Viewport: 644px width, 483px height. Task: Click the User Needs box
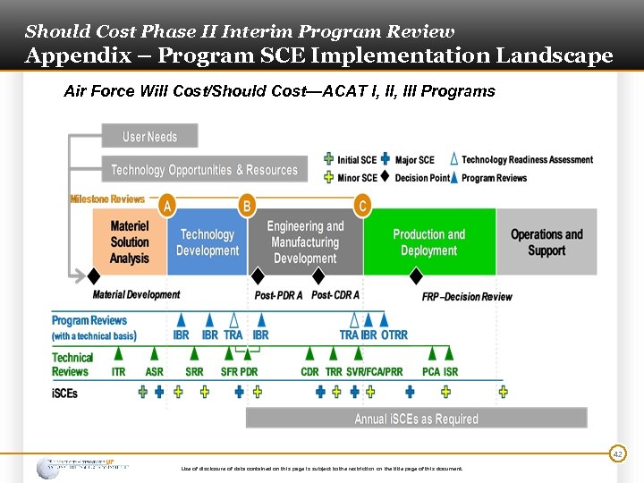[x=149, y=136]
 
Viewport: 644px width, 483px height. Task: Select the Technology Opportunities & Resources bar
[x=205, y=169]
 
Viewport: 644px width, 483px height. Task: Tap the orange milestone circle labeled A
[x=166, y=206]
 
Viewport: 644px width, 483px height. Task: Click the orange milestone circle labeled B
[x=247, y=206]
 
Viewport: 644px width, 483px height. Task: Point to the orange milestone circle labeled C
[x=362, y=206]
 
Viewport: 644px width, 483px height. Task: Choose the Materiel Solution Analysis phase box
[x=130, y=242]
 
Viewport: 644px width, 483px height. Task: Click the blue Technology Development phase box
[x=208, y=242]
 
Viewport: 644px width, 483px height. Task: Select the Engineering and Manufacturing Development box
[x=305, y=242]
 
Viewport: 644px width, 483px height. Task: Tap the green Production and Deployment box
[x=429, y=242]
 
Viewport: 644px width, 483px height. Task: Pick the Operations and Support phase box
[x=547, y=242]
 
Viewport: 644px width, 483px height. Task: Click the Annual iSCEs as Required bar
[x=416, y=419]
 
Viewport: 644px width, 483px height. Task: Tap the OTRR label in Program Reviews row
[x=394, y=335]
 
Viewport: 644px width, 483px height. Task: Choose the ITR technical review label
[x=118, y=371]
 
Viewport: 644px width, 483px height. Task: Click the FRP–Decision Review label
[x=467, y=296]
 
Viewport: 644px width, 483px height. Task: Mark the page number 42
[x=616, y=454]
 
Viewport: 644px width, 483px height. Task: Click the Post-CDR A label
[x=335, y=295]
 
